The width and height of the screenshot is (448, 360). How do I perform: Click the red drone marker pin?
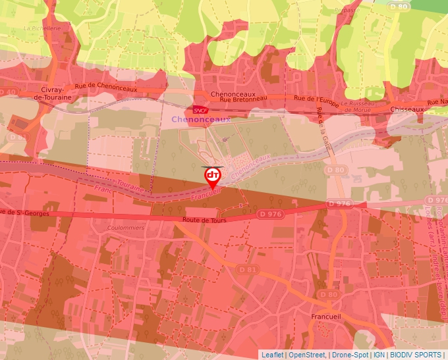tap(212, 176)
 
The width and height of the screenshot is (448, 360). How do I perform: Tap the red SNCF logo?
tap(200, 109)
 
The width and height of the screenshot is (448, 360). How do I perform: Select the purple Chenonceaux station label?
tap(201, 120)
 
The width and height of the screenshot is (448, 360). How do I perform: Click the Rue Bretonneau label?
tap(243, 99)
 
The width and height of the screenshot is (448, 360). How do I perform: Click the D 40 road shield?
tap(7, 92)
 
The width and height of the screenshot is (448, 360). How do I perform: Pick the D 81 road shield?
tap(247, 270)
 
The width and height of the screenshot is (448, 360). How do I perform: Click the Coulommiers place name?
tap(125, 228)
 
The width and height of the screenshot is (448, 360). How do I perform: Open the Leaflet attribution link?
tap(272, 355)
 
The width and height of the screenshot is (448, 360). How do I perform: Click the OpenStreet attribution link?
tap(306, 355)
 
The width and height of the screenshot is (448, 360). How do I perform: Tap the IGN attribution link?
tap(379, 355)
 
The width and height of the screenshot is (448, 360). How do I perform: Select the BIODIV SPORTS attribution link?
tap(415, 355)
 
